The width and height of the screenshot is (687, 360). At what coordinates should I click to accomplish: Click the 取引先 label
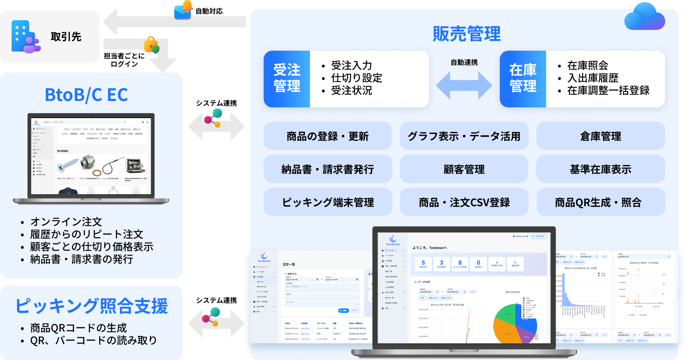pyautogui.click(x=66, y=37)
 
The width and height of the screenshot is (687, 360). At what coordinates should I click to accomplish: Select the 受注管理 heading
pyautogui.click(x=287, y=78)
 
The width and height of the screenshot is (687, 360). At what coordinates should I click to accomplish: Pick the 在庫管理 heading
pyautogui.click(x=523, y=78)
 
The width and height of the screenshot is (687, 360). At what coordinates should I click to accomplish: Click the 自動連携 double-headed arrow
pyautogui.click(x=464, y=85)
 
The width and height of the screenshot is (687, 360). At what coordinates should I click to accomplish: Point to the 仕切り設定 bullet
pyautogui.click(x=356, y=78)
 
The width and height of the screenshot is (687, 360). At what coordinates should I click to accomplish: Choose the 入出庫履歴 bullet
pyautogui.click(x=593, y=78)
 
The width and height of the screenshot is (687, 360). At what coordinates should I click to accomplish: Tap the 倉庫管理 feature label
pyautogui.click(x=600, y=137)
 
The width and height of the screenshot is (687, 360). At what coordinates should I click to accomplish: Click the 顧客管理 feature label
pyautogui.click(x=464, y=170)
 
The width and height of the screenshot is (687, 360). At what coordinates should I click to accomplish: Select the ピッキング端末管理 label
pyautogui.click(x=328, y=202)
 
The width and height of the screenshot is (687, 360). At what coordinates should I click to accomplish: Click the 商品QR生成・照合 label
pyautogui.click(x=598, y=202)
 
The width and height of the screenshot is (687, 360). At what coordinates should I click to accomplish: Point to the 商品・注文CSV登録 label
pyautogui.click(x=464, y=202)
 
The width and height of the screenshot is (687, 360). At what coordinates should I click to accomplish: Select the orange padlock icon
pyautogui.click(x=152, y=45)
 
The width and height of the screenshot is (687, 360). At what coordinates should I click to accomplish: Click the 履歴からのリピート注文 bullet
pyautogui.click(x=86, y=235)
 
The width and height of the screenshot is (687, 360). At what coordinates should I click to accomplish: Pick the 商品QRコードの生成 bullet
pyautogui.click(x=78, y=328)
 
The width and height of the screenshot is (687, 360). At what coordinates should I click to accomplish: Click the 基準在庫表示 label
pyautogui.click(x=600, y=170)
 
